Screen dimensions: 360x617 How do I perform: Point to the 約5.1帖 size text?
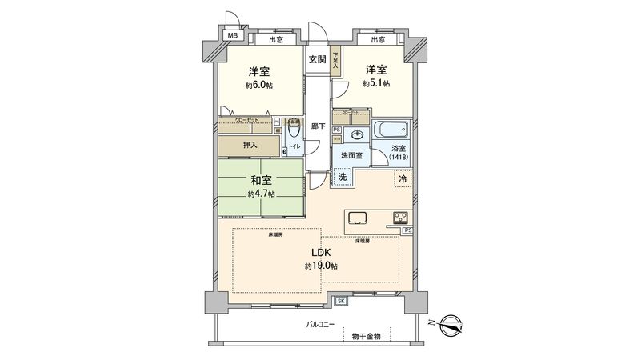click(375, 83)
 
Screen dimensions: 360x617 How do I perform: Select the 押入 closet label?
click(250, 145)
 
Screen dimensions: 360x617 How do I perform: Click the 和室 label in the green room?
click(261, 181)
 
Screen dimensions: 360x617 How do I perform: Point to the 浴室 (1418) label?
click(399, 154)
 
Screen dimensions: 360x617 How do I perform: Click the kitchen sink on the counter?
click(357, 218)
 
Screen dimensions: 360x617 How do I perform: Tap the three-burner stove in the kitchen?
click(399, 217)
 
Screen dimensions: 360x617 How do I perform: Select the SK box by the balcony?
click(341, 301)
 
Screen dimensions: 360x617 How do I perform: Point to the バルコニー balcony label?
click(321, 324)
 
